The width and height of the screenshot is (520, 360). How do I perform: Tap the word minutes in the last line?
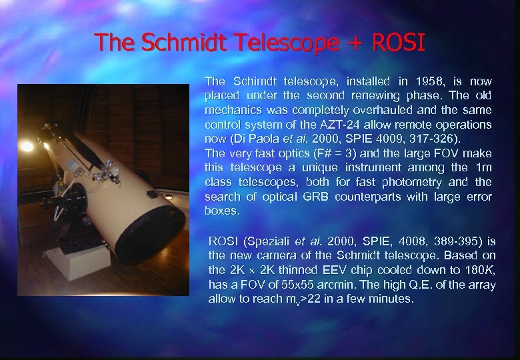coord(393,299)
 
